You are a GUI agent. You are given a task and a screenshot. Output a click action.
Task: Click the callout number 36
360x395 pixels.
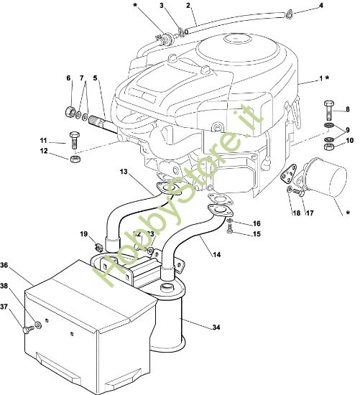coord(4,265)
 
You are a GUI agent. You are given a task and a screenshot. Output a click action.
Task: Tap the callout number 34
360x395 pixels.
coord(216,327)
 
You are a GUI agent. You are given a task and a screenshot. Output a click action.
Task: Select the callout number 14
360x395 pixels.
coord(216,255)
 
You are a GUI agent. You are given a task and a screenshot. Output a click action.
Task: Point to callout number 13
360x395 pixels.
coord(124,172)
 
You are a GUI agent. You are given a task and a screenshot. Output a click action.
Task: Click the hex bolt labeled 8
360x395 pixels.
coord(328,111)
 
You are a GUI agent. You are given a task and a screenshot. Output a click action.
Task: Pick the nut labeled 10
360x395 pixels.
coord(329,147)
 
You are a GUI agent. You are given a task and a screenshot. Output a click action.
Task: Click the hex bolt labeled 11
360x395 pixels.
coord(74,140)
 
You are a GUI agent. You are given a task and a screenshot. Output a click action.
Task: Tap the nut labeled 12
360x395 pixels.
coord(75,159)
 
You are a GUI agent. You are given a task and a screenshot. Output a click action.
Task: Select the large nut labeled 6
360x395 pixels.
coord(70,111)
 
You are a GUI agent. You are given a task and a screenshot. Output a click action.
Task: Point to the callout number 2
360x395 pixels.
coord(188,5)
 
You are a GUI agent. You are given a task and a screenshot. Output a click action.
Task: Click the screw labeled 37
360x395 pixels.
coord(28,329)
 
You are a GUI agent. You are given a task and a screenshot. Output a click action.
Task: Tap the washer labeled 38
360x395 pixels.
coord(38,325)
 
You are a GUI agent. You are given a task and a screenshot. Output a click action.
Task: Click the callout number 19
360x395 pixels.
coord(84,234)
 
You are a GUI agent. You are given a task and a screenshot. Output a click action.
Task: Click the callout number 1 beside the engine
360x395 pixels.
coord(321,78)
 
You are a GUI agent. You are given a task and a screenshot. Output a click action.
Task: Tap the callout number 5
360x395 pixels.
coord(95,78)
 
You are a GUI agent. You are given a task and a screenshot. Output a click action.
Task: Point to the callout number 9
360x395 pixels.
coord(348,130)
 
